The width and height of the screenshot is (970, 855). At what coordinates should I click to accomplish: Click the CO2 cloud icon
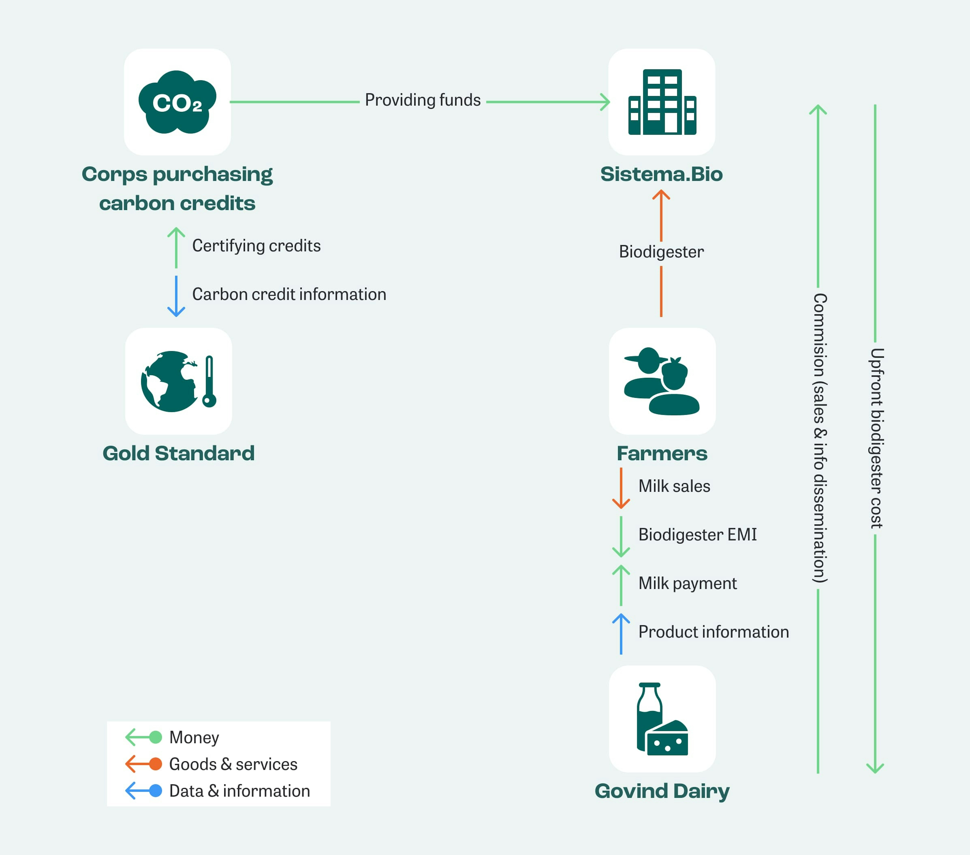coord(177,102)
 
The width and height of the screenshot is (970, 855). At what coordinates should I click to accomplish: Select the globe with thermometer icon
coord(178,381)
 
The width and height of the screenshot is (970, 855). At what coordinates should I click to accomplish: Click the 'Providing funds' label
coord(422,100)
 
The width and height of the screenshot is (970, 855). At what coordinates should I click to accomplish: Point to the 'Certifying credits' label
coord(256,246)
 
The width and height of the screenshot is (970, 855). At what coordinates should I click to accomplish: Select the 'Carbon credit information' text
coord(289,295)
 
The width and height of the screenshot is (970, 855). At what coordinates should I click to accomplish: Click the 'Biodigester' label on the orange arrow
coord(661,252)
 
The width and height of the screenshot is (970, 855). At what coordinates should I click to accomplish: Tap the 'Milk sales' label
coord(674,486)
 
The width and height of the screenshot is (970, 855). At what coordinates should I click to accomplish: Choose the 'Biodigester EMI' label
coord(697,534)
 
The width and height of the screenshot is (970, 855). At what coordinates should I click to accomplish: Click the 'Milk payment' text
coord(687,583)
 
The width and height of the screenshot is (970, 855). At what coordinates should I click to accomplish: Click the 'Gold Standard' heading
coord(178,453)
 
